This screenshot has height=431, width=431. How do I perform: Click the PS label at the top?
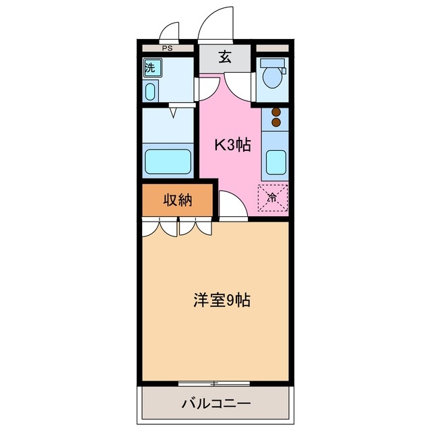166,48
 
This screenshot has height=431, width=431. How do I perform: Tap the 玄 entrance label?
225,57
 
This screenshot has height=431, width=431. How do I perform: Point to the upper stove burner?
275,113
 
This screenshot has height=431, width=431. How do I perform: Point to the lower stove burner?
275,123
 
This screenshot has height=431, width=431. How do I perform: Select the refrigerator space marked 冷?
273,197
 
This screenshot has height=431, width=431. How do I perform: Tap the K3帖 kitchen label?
232,145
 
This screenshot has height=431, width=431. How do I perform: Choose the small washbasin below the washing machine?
150,91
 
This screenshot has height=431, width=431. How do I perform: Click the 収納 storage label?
178,199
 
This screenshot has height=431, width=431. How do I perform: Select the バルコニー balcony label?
216,404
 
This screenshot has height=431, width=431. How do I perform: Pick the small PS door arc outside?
172,32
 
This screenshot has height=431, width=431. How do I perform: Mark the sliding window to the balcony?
214,384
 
